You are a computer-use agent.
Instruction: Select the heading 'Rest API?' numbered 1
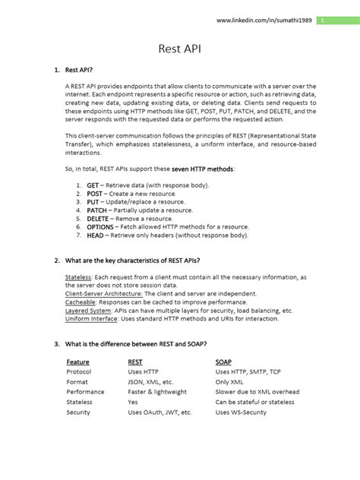tap(80, 71)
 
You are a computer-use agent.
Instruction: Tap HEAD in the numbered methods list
tap(95, 235)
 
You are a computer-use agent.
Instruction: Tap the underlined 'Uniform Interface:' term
tap(91, 318)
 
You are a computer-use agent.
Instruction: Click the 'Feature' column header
tap(77, 362)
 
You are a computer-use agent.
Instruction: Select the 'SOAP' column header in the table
tap(224, 362)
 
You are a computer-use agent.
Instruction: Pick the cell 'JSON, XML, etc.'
tap(150, 382)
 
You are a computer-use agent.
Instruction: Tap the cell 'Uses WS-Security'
tap(241, 412)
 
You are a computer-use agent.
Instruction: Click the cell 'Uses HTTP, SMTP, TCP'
tap(248, 372)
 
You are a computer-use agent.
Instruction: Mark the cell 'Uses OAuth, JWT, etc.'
tap(159, 412)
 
